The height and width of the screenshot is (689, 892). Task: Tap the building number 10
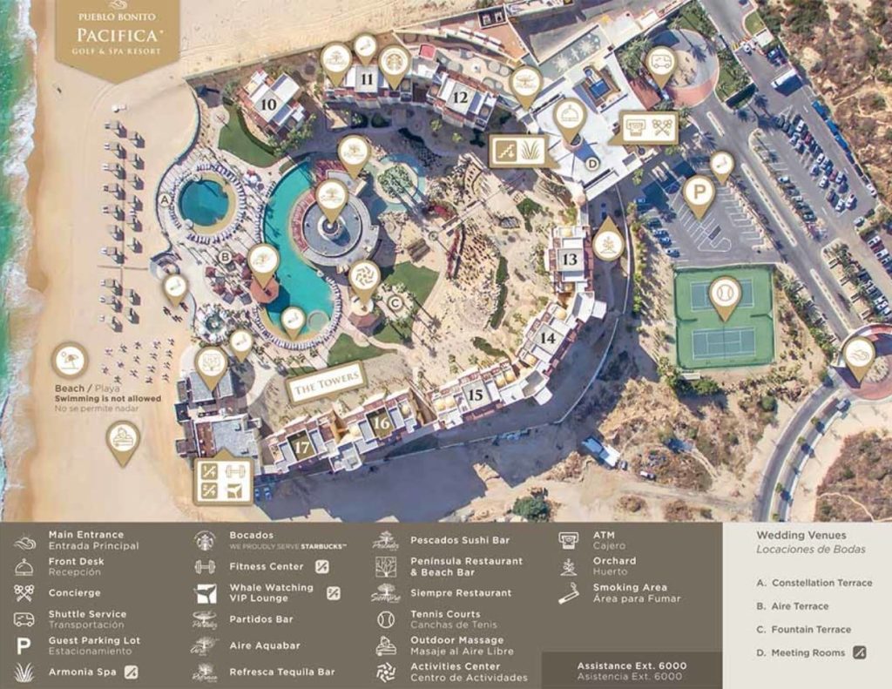(x=269, y=104)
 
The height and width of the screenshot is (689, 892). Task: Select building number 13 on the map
(x=569, y=259)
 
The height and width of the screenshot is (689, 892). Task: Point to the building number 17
(x=301, y=448)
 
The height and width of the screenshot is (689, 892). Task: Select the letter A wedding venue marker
(x=165, y=199)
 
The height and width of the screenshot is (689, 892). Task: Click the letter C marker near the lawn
(x=395, y=303)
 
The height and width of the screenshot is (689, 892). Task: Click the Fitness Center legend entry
(x=248, y=566)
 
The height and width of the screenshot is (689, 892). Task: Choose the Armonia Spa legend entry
(x=83, y=672)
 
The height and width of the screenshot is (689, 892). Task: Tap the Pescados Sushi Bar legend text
(x=460, y=540)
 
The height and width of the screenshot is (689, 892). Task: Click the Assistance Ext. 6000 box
(x=632, y=671)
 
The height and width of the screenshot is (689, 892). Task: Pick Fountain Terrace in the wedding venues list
(x=811, y=629)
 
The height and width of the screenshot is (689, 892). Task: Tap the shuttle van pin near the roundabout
(x=660, y=64)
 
